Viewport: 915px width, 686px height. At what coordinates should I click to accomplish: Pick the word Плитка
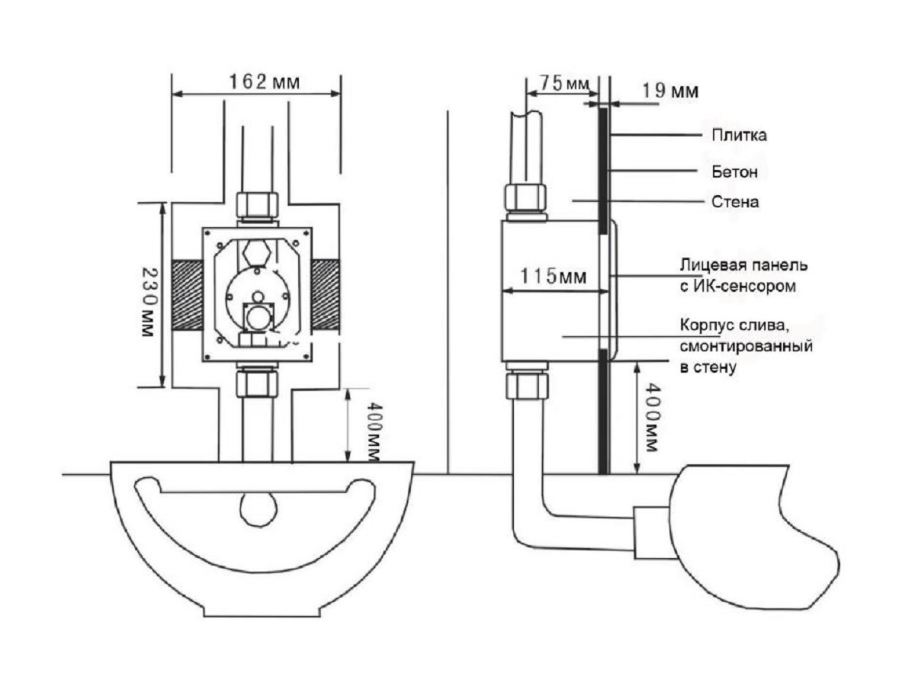pos(739,136)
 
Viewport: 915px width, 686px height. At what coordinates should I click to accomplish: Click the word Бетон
pos(735,172)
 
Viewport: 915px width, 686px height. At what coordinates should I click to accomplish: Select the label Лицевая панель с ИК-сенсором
pos(743,276)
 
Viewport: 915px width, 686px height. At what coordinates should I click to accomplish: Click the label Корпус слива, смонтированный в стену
pos(745,346)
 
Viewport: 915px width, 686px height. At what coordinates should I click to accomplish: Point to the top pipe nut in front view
pos(256,204)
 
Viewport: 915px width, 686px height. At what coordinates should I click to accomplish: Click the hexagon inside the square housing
pos(256,251)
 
